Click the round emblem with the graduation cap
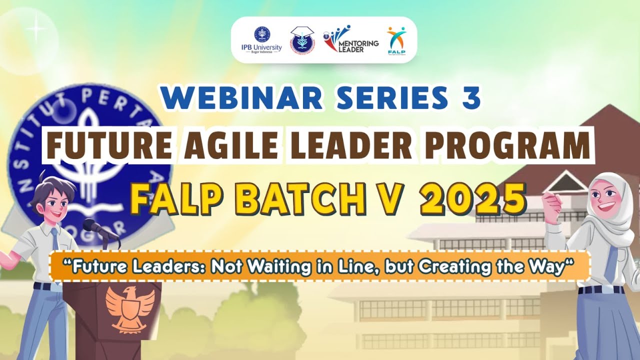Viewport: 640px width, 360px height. pyautogui.click(x=302, y=39)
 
